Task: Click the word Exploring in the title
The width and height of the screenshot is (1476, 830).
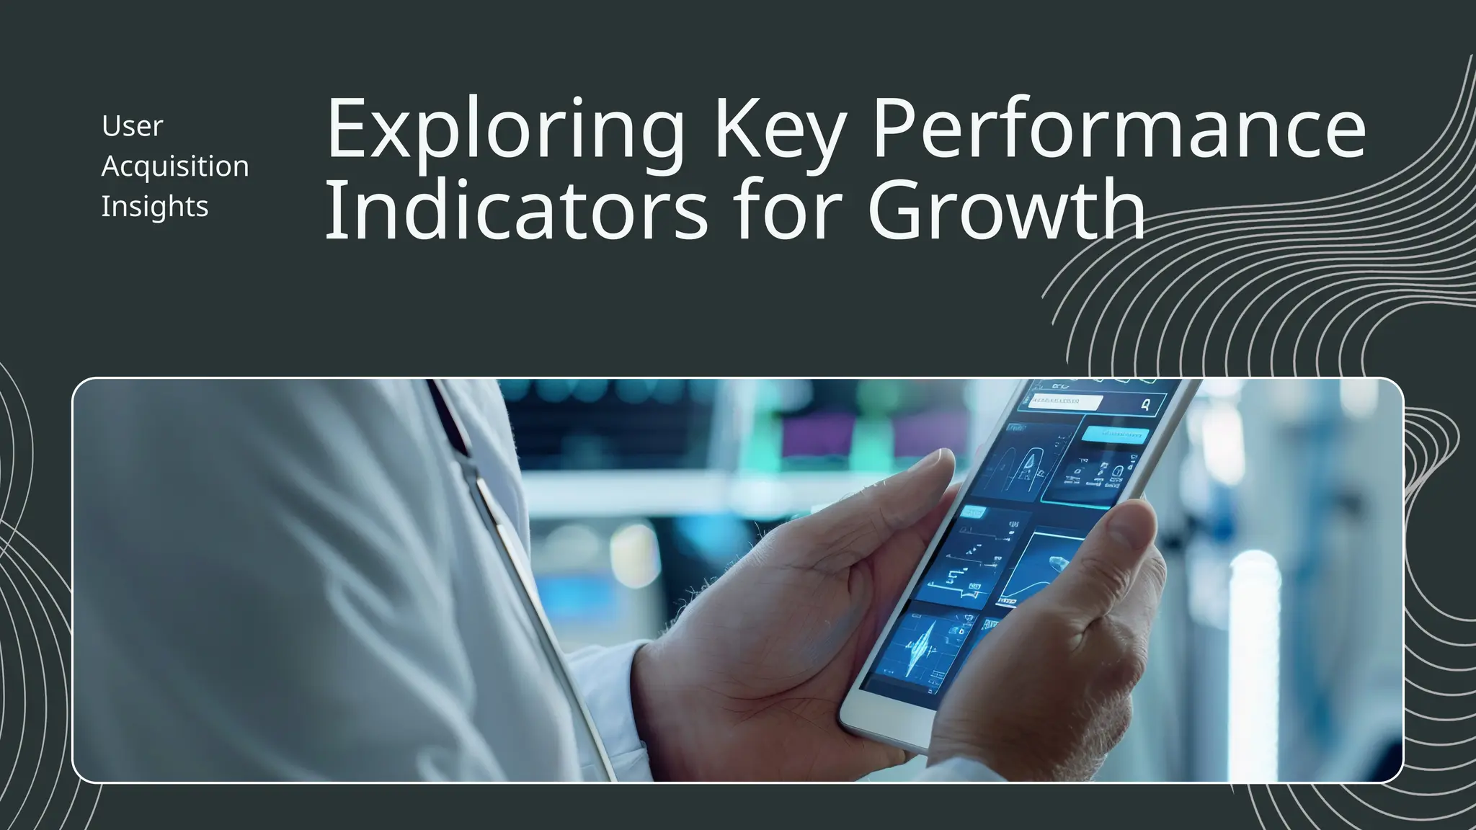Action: click(504, 130)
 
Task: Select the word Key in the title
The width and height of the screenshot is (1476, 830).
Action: click(778, 130)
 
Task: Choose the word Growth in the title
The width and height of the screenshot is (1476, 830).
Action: click(1006, 210)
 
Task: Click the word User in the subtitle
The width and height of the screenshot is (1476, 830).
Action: click(133, 126)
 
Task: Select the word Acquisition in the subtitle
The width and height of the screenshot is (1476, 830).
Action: click(175, 166)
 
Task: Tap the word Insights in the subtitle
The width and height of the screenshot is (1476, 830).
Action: click(155, 207)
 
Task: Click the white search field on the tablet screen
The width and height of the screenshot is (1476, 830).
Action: click(1065, 401)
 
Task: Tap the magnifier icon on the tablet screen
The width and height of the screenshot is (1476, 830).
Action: click(1145, 405)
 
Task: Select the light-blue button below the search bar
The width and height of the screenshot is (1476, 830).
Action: click(1115, 434)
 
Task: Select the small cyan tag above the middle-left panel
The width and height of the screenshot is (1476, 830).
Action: click(973, 512)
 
